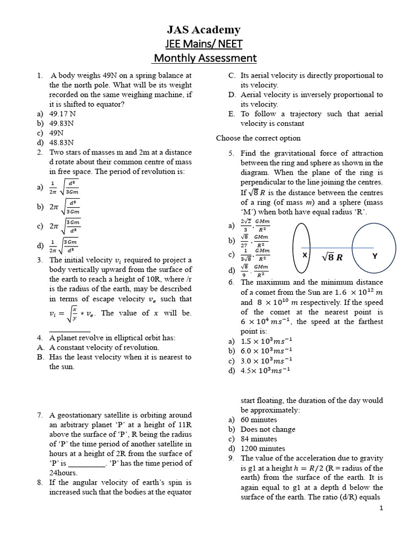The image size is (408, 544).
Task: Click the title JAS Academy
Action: click(205, 30)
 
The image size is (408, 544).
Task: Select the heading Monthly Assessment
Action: click(205, 57)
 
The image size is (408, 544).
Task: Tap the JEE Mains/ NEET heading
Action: click(205, 44)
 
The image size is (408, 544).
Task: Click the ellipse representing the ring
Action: click(302, 248)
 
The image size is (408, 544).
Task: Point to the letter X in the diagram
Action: click(305, 256)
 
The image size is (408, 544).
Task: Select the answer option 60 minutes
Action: click(259, 420)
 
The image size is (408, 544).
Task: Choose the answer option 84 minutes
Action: click(259, 439)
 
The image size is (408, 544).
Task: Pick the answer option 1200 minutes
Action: click(262, 448)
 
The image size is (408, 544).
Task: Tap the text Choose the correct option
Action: click(258, 138)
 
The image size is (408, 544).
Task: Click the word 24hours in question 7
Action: click(63, 473)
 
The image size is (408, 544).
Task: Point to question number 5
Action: click(231, 153)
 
